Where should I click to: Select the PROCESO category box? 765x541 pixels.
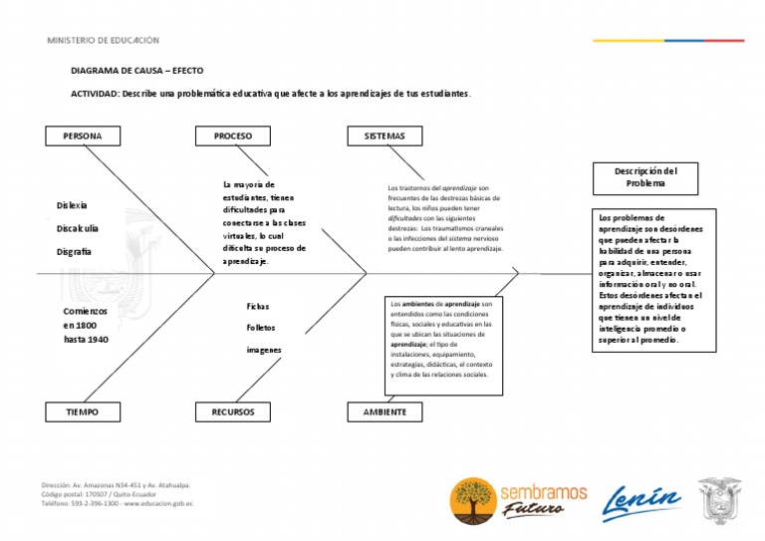click(x=233, y=135)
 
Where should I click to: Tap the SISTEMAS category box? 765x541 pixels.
click(x=384, y=135)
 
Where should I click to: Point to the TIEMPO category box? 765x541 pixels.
click(x=82, y=411)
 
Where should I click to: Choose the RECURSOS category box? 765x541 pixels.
click(x=233, y=411)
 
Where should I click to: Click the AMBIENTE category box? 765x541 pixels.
click(x=384, y=411)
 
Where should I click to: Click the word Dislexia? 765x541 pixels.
click(x=72, y=205)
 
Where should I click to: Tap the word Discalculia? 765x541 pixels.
click(x=78, y=228)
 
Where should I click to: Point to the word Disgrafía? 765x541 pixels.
click(x=75, y=252)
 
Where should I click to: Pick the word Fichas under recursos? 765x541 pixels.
click(x=258, y=307)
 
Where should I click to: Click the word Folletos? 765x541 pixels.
click(x=261, y=328)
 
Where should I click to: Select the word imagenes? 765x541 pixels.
click(x=264, y=350)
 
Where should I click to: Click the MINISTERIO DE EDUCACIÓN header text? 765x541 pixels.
click(x=103, y=41)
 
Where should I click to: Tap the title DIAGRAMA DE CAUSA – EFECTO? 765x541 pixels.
click(x=136, y=73)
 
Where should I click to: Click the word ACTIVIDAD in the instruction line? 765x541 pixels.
click(x=95, y=94)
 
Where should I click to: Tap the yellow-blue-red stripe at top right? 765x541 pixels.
click(x=667, y=41)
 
